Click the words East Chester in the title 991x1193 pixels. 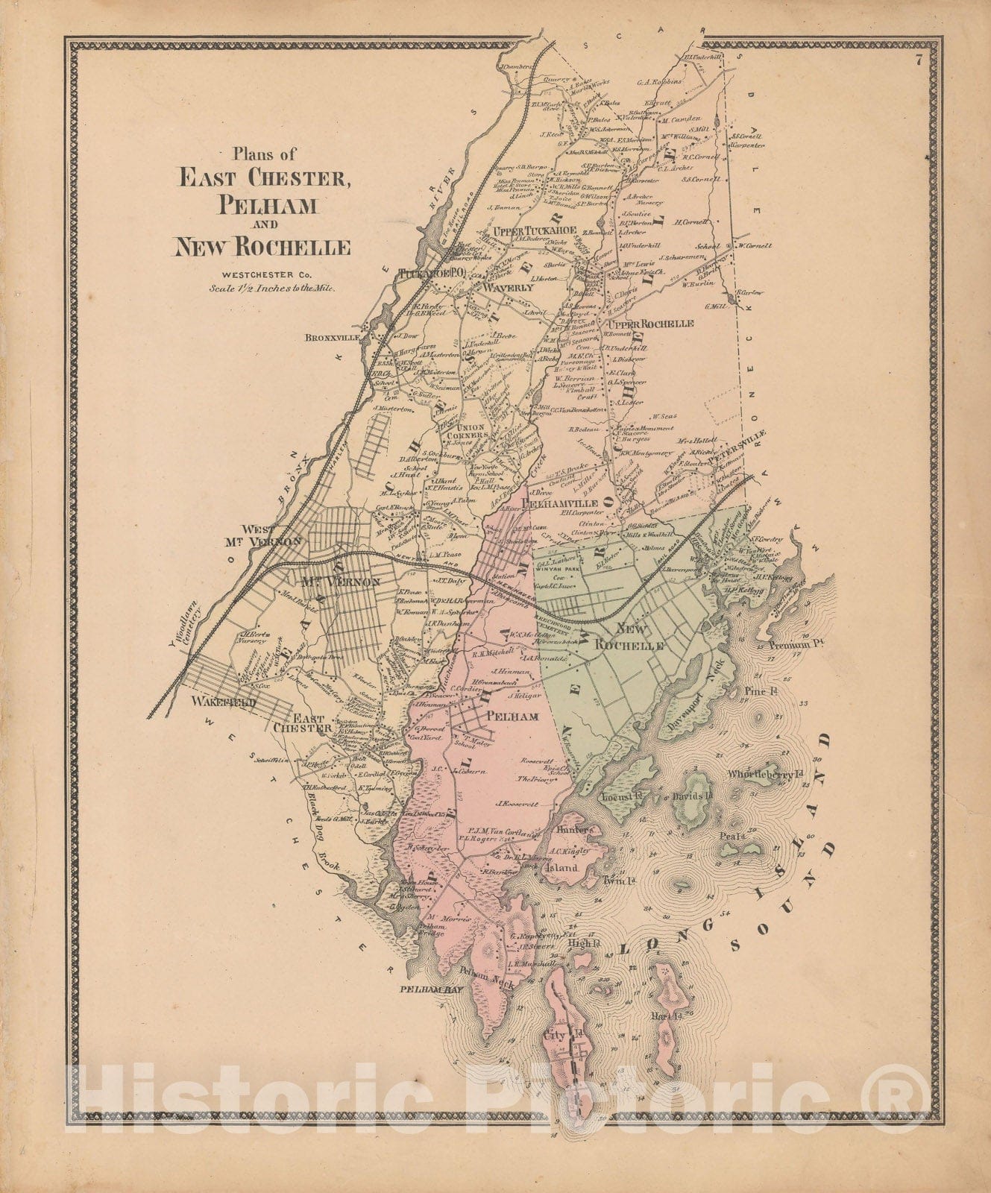click(x=260, y=178)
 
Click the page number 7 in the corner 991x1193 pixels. click(x=920, y=63)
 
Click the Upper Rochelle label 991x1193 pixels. click(x=650, y=324)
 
